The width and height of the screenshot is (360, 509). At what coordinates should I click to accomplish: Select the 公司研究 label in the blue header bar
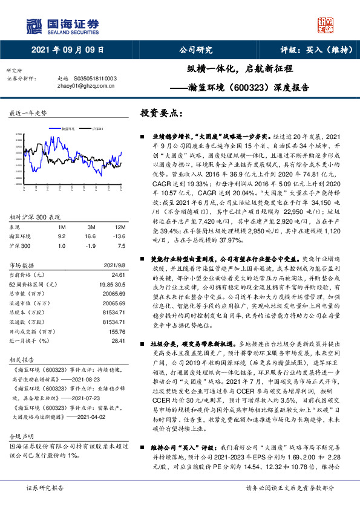pos(196,50)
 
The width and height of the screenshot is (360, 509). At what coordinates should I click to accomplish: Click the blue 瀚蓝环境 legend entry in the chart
pos(67,129)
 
